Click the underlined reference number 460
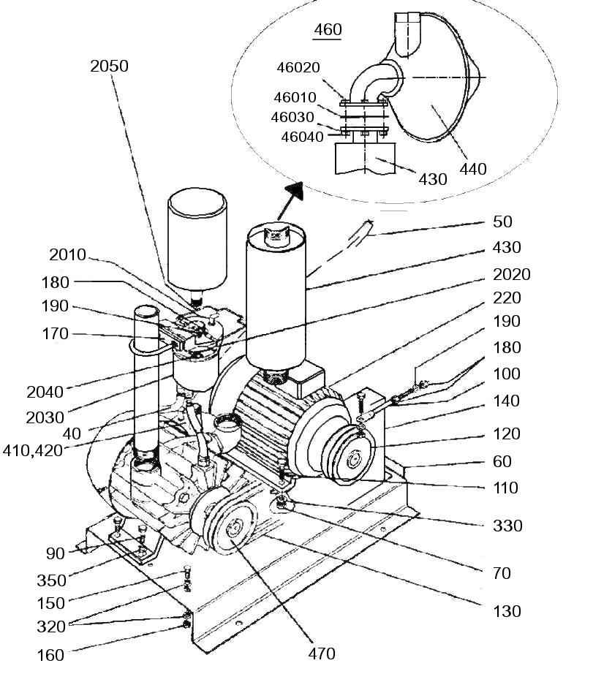pyautogui.click(x=328, y=30)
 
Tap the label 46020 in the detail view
pyautogui.click(x=298, y=67)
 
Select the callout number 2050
pyautogui.click(x=109, y=67)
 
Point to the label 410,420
pyautogui.click(x=33, y=451)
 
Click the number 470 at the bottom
pyautogui.click(x=322, y=654)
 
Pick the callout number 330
pyautogui.click(x=507, y=526)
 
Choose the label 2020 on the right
pyautogui.click(x=512, y=274)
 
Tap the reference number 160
pyautogui.click(x=50, y=656)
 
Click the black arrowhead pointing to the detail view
pyautogui.click(x=294, y=191)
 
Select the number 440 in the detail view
pyautogui.click(x=473, y=169)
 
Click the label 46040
pyautogui.click(x=302, y=137)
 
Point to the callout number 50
pyautogui.click(x=502, y=221)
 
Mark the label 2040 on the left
pyautogui.click(x=45, y=392)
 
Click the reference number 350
pyautogui.click(x=52, y=580)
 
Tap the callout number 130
pyautogui.click(x=507, y=611)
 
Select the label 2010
pyautogui.click(x=68, y=255)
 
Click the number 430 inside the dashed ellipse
pyautogui.click(x=433, y=179)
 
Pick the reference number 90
pyautogui.click(x=55, y=553)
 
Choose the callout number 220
pyautogui.click(x=507, y=298)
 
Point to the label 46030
pyautogui.click(x=292, y=118)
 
